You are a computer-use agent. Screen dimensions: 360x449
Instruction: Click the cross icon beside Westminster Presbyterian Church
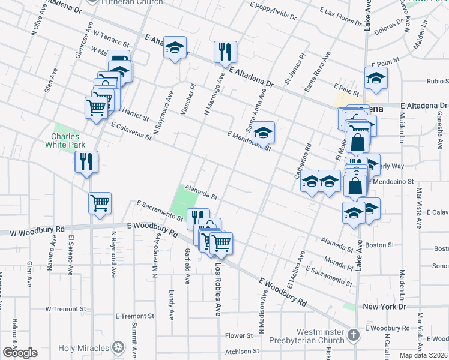(x=354, y=335)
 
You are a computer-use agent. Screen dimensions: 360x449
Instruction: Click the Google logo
(x=19, y=353)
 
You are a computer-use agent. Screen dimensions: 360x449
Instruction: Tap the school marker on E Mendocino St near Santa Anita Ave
(x=263, y=133)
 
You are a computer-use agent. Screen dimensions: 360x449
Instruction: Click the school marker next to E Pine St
(x=376, y=79)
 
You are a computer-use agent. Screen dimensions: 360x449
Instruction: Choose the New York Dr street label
(x=384, y=307)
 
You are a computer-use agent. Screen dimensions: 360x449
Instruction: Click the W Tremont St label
(x=65, y=309)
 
